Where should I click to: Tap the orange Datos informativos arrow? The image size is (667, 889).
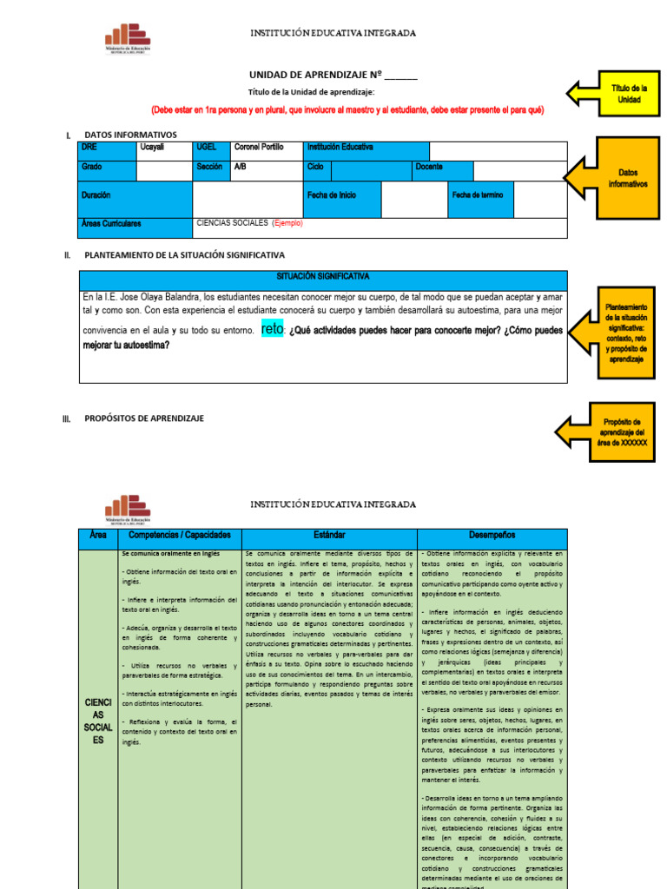click(612, 178)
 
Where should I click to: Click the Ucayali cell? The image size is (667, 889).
click(164, 148)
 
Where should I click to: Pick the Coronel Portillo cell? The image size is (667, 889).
click(266, 148)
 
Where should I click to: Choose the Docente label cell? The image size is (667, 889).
click(442, 167)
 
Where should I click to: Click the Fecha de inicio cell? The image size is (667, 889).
click(341, 196)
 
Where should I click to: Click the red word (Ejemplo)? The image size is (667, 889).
click(287, 223)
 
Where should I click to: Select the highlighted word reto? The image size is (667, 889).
click(272, 329)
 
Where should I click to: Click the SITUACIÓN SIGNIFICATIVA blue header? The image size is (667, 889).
click(323, 277)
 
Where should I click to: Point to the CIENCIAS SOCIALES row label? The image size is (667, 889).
click(97, 721)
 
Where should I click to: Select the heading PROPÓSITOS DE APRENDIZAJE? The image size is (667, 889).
click(144, 418)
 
